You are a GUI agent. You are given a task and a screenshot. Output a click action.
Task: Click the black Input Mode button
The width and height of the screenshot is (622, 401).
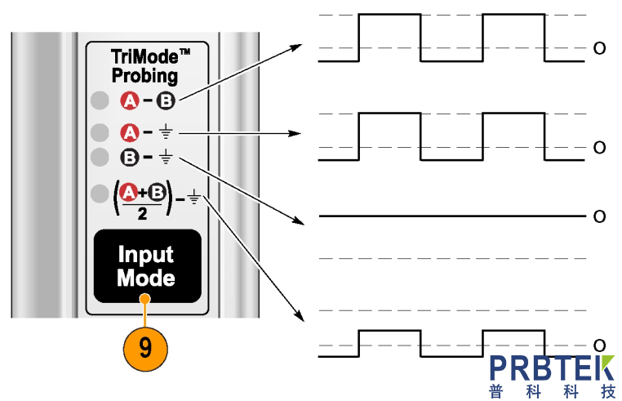[x=146, y=266]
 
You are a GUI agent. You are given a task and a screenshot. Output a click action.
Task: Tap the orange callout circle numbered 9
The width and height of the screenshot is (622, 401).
[x=145, y=348]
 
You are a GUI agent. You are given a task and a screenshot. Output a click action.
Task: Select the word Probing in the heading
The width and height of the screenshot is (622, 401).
[x=144, y=77]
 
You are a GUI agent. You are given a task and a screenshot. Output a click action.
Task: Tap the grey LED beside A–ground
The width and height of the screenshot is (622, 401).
[x=100, y=131]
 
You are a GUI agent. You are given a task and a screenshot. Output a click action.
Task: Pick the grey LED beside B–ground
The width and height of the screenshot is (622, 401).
[x=100, y=156]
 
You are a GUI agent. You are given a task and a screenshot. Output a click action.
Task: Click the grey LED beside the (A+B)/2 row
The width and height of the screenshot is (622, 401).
[x=100, y=194]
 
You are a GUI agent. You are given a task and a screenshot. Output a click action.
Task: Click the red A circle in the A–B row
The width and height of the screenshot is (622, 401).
[x=129, y=101]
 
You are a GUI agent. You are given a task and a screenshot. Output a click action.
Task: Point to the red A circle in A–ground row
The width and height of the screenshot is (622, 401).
[x=129, y=131]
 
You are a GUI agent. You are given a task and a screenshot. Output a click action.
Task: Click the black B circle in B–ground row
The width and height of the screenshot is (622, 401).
[x=129, y=156]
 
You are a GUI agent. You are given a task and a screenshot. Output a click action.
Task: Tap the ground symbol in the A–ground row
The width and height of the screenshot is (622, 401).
[x=166, y=132]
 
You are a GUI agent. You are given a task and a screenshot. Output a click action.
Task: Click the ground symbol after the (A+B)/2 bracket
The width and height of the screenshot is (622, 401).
[x=194, y=196]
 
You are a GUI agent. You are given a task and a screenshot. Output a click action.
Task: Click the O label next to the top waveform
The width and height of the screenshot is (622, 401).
[x=599, y=48]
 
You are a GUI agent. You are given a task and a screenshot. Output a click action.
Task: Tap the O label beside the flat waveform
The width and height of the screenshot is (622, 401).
[x=599, y=216]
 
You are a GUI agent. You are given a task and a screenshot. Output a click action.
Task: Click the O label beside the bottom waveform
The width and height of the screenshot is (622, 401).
[x=599, y=345]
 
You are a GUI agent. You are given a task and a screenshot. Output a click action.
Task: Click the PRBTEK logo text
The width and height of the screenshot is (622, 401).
[x=553, y=367]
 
